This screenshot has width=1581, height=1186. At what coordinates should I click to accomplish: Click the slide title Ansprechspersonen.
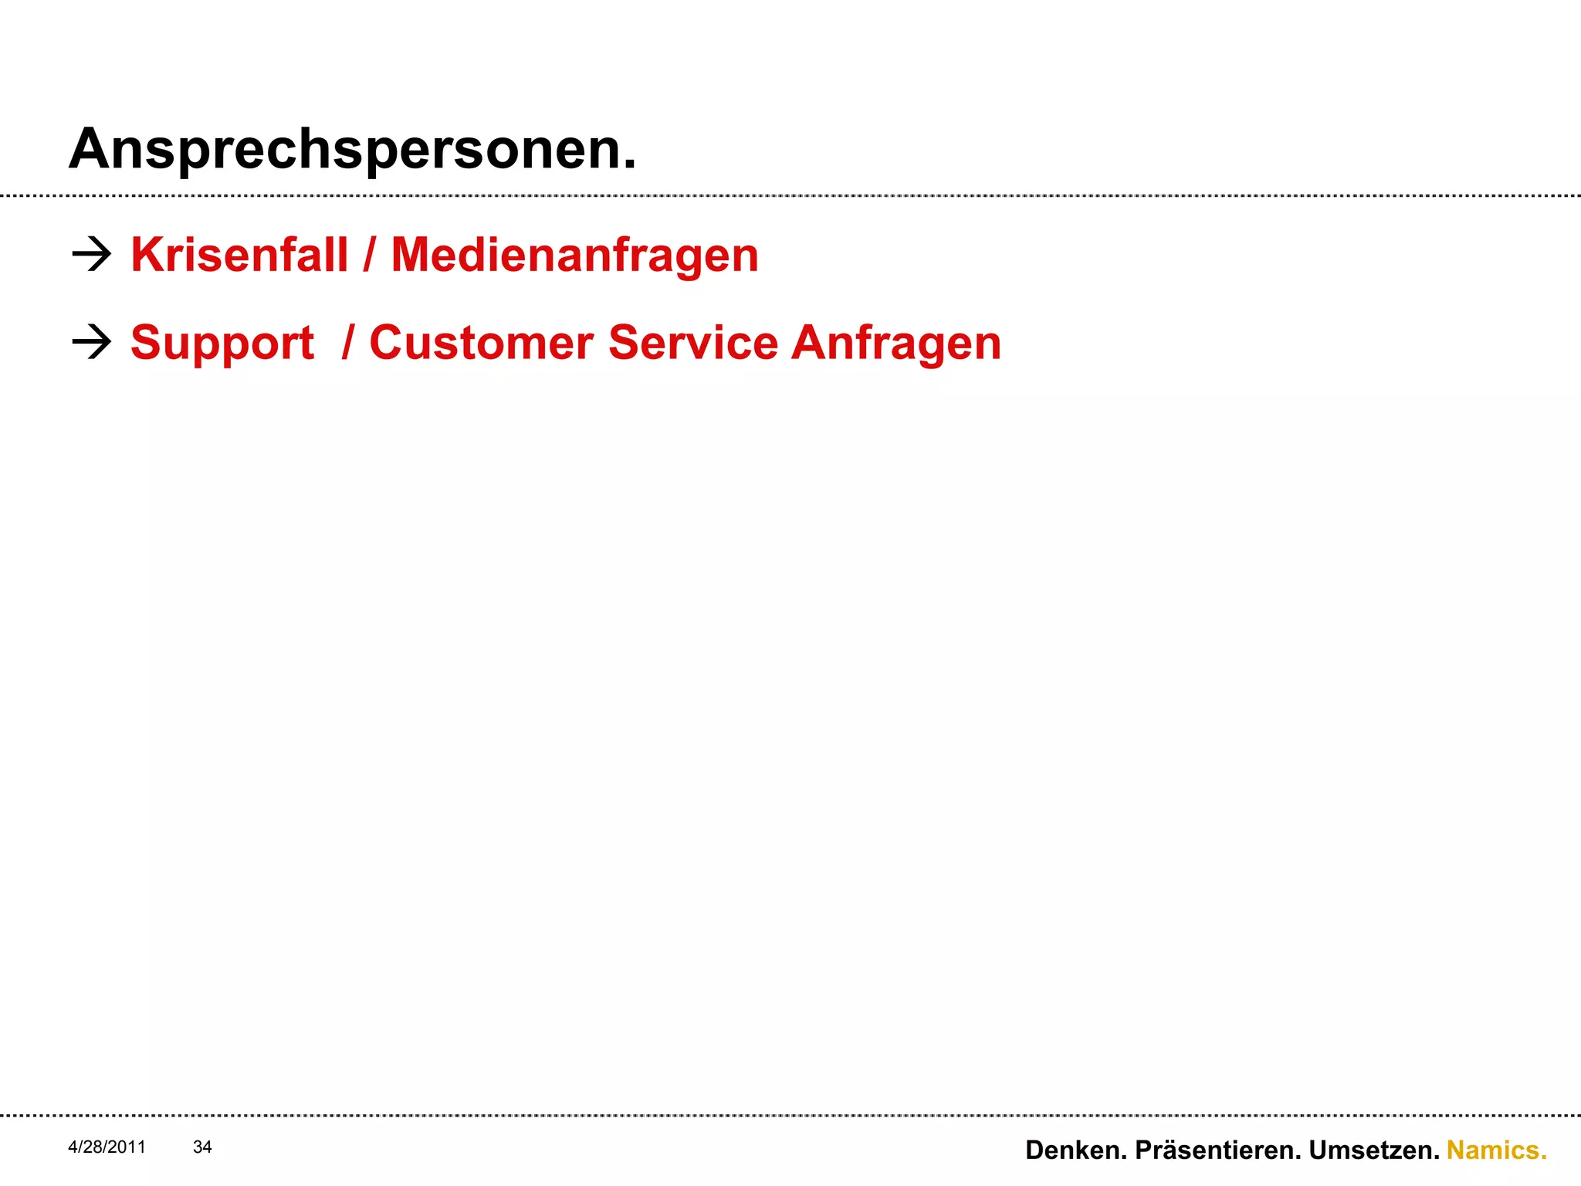352,149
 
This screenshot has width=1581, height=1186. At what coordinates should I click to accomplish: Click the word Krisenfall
239,255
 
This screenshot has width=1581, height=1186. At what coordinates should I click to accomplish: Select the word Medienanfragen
574,255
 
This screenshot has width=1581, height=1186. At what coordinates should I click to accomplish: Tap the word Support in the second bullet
222,343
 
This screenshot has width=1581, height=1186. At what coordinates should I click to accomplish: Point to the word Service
693,343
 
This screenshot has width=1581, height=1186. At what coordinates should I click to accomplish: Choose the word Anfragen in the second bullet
896,343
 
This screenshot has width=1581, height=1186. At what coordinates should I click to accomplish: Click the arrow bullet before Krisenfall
91,254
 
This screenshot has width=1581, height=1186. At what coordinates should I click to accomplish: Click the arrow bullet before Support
91,342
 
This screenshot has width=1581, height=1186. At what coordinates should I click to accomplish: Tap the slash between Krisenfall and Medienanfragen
370,255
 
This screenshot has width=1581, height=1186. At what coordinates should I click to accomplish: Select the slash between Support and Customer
348,343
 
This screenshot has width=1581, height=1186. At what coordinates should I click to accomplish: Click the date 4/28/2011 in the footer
107,1147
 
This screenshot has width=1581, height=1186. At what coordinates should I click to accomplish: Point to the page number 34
202,1147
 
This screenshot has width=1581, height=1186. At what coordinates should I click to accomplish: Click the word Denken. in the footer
1076,1150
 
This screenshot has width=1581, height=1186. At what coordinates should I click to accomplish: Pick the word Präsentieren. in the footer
1218,1150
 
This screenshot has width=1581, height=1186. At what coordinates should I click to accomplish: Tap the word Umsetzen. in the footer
1374,1150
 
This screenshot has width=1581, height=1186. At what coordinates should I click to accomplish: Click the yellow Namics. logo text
1496,1150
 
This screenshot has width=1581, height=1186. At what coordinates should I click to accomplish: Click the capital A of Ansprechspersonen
87,149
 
